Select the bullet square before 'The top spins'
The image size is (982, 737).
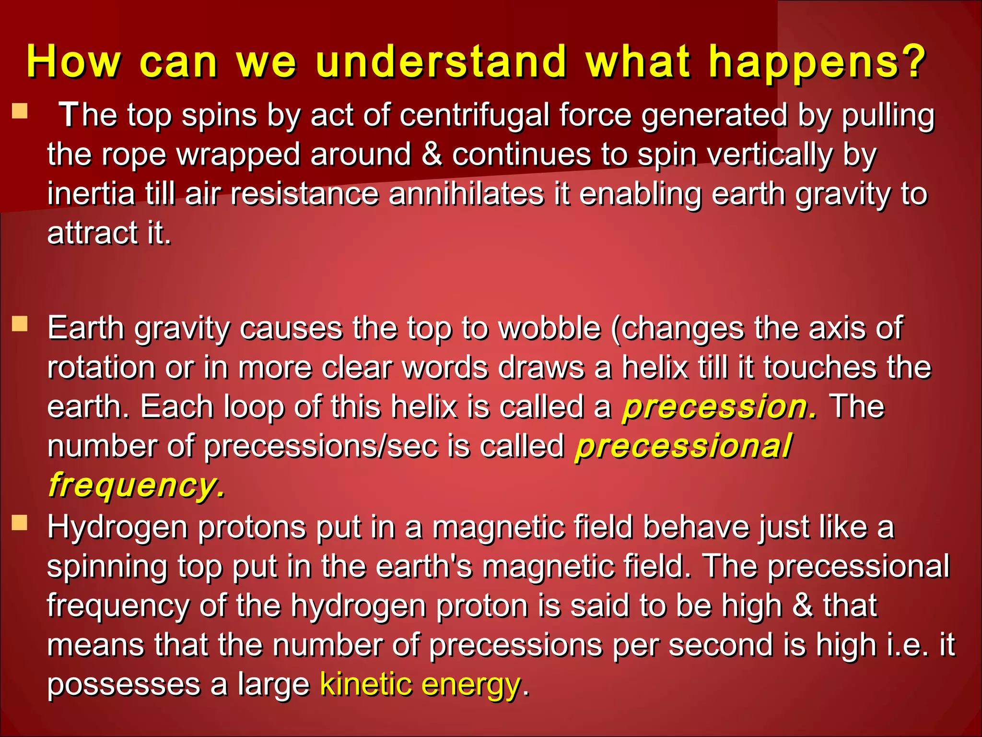20,111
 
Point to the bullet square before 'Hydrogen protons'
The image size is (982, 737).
20,523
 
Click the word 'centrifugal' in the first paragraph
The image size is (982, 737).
475,116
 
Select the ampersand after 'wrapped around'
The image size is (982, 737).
432,155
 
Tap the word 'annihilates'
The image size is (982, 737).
466,194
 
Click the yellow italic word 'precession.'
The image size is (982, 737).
719,407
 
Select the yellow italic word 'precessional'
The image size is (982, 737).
683,446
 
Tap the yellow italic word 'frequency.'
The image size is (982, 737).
137,486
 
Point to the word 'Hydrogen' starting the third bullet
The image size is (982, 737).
117,528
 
